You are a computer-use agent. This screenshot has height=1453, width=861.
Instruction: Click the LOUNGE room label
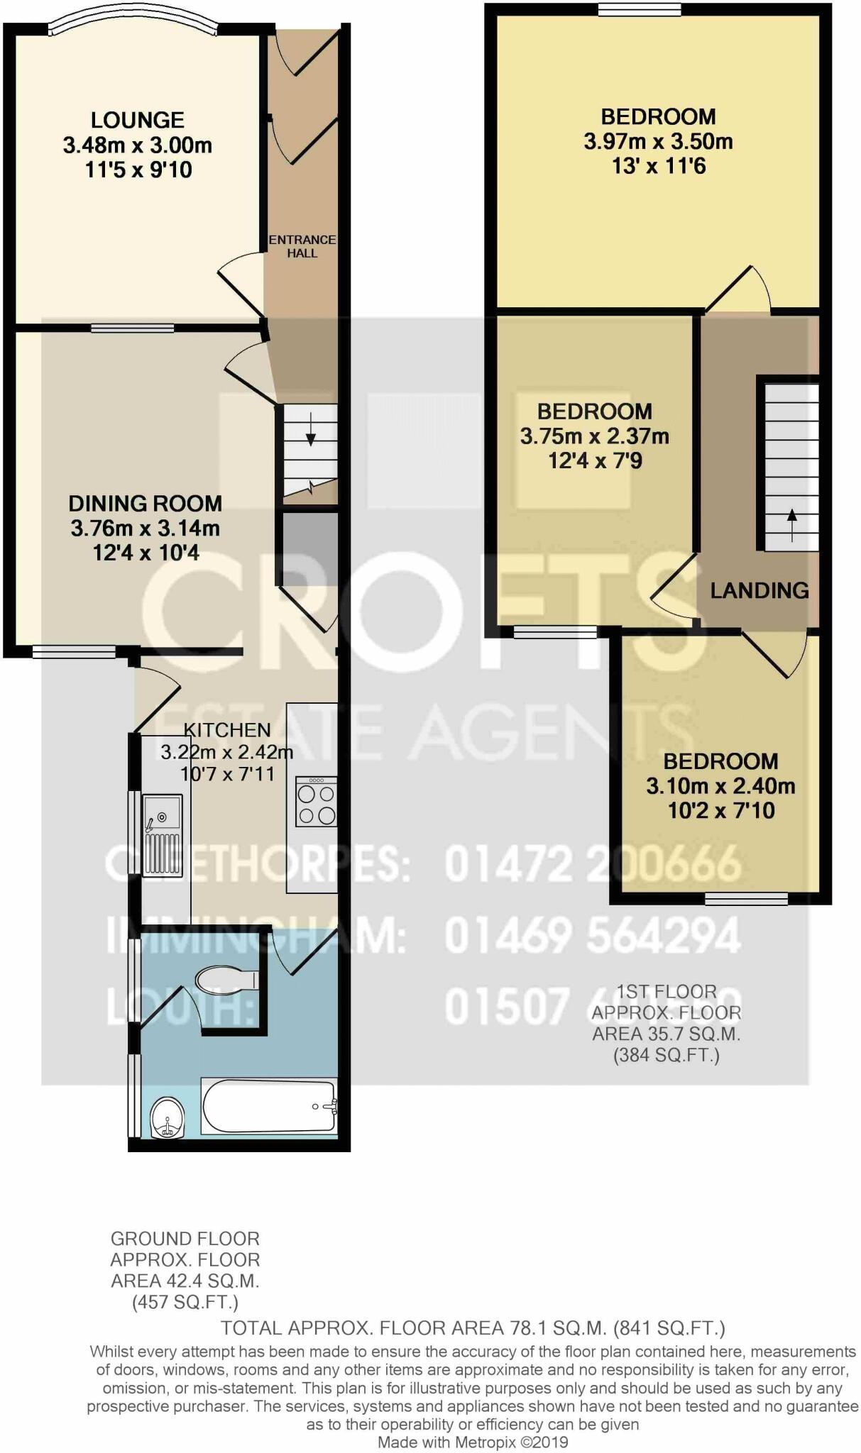point(137,120)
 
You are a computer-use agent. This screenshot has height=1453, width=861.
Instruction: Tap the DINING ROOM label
point(145,504)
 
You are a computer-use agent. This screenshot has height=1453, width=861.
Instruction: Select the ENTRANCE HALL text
point(302,246)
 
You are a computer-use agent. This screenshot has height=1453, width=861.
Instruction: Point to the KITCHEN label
point(227,730)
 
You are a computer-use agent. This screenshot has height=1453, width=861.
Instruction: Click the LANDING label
point(759,590)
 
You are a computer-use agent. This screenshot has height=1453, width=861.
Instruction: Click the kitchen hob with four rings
point(317,802)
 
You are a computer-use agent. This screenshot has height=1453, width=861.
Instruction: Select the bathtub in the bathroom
point(269,1107)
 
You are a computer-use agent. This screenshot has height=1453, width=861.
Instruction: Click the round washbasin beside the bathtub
point(168,1118)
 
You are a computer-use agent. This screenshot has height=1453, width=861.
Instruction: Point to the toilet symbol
point(226,981)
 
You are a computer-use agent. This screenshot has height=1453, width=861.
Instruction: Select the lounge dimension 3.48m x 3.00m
point(137,145)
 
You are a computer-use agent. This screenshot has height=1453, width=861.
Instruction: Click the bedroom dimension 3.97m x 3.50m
point(658,141)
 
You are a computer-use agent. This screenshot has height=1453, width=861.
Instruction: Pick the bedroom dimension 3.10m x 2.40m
point(720,786)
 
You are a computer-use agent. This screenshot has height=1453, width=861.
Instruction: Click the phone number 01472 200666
point(593,865)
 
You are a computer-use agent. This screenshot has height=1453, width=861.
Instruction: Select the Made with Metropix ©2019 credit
point(473,1442)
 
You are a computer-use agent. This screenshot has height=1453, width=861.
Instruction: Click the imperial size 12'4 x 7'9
point(595,461)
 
